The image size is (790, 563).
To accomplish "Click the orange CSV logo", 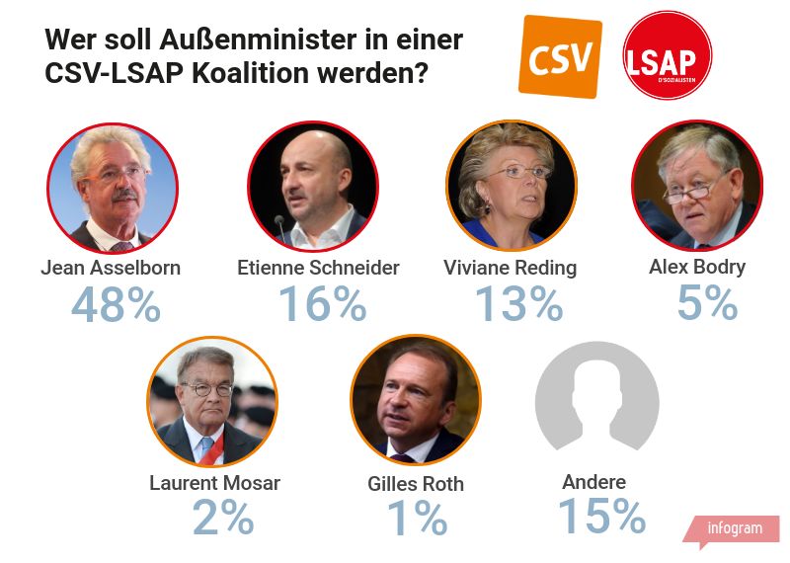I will coord(560,57).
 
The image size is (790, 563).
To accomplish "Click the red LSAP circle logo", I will coord(668,56).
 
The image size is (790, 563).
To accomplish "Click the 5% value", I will coord(707,303).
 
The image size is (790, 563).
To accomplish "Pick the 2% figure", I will coord(223,518).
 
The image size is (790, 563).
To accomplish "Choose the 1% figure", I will coord(416,518).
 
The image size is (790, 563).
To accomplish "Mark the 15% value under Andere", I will coord(601,516).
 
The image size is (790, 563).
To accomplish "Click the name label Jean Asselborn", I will coord(111,268).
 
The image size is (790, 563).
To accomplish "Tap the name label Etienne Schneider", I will coord(318,268).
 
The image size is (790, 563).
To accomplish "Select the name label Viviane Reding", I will coord(511,268).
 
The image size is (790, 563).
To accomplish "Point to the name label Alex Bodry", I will coord(697,267).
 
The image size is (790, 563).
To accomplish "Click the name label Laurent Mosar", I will coord(214,483).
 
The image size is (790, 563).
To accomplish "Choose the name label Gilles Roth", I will coord(415,483).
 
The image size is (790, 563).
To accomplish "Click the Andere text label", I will coord(594,482).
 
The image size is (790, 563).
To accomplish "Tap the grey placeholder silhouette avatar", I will coord(596,404).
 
